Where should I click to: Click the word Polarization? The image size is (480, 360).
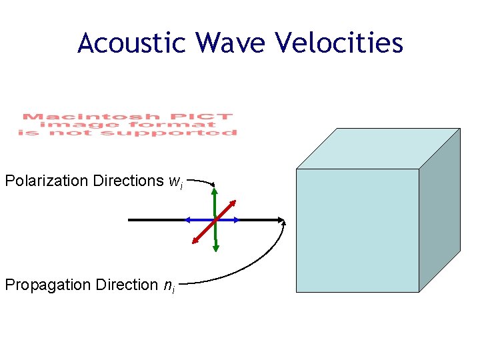pos(47,181)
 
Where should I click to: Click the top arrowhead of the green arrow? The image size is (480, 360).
pos(215,191)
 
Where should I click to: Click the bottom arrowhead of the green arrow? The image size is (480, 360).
pos(215,248)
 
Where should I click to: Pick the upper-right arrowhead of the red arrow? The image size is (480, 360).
pos(234,202)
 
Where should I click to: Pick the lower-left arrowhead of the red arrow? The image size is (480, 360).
pos(195,241)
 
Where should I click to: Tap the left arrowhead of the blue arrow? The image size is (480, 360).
pos(187,219)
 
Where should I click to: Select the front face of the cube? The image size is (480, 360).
pos(357,230)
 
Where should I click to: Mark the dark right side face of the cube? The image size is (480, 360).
pos(439,209)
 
